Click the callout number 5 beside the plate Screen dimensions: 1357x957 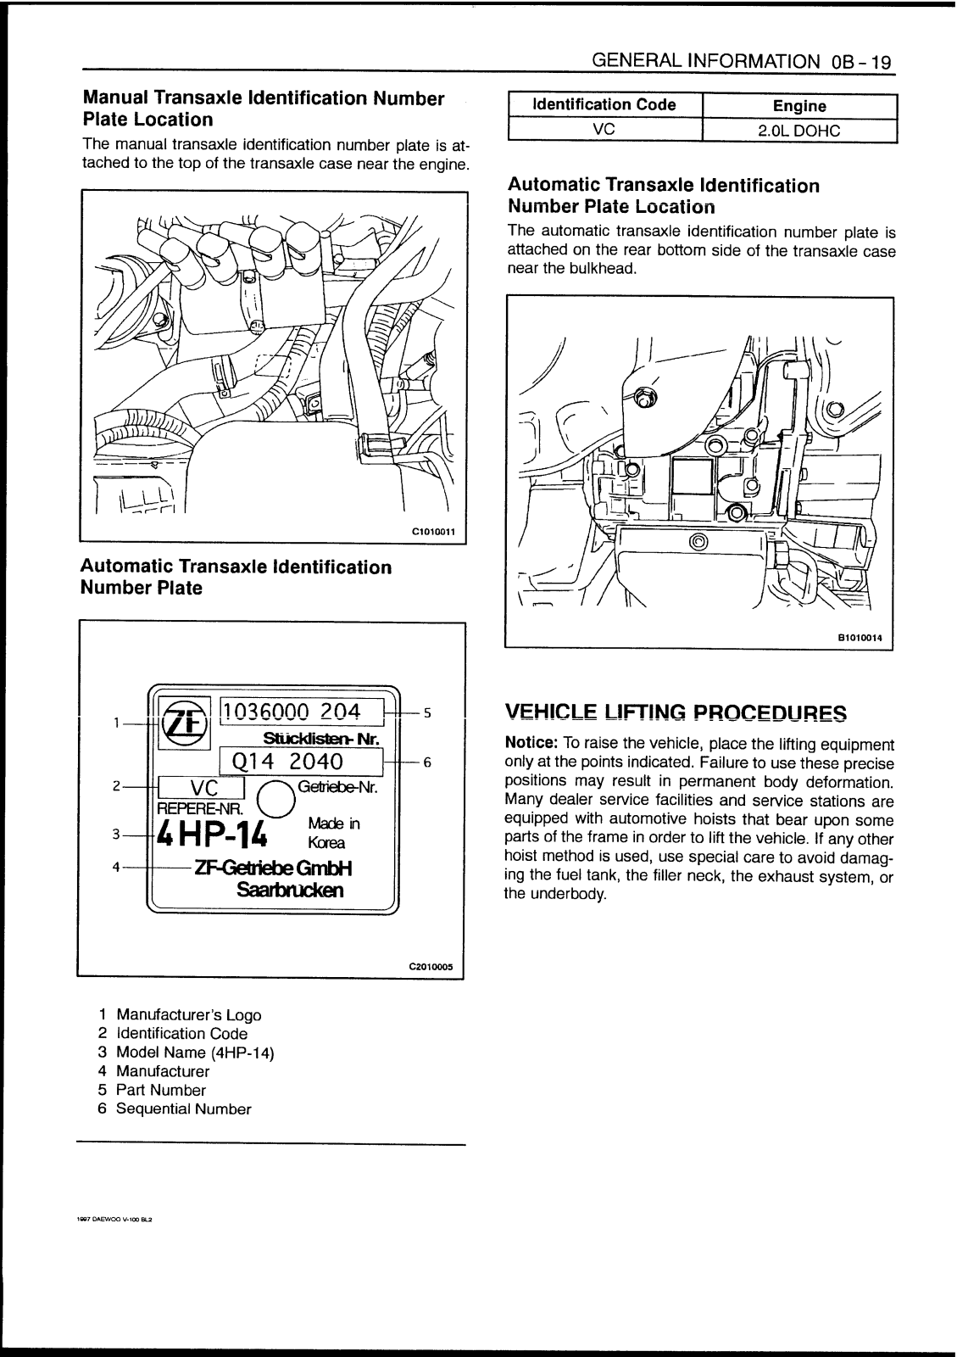coord(427,713)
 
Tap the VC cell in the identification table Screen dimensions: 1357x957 coord(604,130)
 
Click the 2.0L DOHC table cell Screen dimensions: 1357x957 coord(798,131)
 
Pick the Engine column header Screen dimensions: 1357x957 coord(799,106)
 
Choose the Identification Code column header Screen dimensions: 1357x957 coord(604,105)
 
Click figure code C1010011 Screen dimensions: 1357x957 coord(433,532)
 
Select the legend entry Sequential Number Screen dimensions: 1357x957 coord(183,1108)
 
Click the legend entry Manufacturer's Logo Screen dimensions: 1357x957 coord(188,1015)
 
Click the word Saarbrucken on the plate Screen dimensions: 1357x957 coord(291,891)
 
